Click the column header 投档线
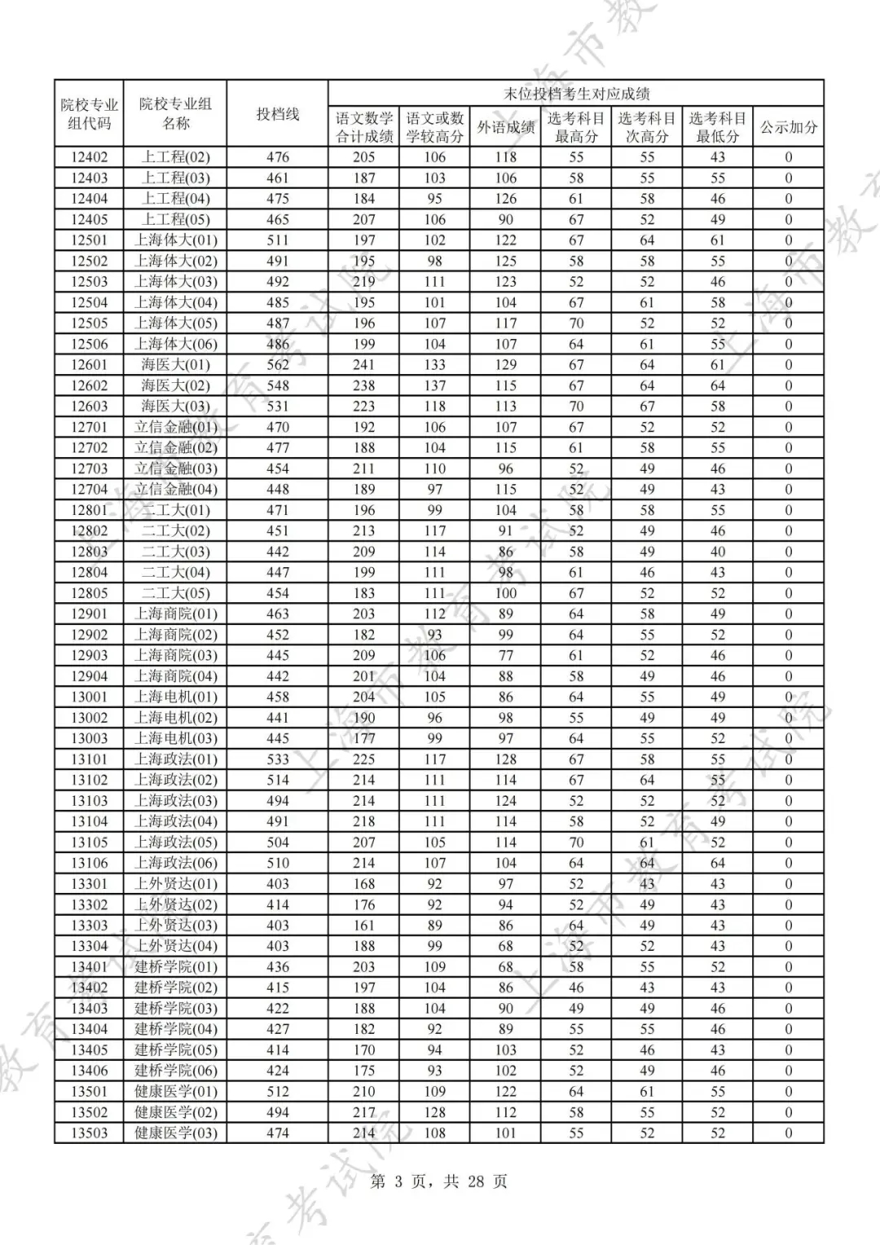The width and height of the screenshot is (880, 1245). pos(277,114)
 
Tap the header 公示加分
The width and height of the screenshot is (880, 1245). pos(788,127)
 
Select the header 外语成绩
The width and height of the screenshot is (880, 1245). pos(505,127)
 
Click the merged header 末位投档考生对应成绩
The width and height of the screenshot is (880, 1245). pos(576,94)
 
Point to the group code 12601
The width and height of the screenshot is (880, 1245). pos(89,364)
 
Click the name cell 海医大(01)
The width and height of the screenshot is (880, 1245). pos(175,364)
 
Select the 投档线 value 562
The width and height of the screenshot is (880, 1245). pos(277,364)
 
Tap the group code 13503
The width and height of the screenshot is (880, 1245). pos(89,1133)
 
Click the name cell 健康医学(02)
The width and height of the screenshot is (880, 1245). pos(175,1112)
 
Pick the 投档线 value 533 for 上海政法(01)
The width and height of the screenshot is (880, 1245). pos(277,759)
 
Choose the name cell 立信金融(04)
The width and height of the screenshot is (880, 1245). pos(175,489)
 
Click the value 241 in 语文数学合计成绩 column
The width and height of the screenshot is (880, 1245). pos(363,364)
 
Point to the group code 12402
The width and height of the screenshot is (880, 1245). pos(89,157)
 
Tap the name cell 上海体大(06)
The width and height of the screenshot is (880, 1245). pos(175,344)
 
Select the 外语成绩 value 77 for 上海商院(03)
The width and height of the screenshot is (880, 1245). pos(505,655)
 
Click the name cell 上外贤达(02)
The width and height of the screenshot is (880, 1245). pos(175,904)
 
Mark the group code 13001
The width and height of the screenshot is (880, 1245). pos(89,697)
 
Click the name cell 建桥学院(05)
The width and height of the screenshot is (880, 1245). pos(175,1049)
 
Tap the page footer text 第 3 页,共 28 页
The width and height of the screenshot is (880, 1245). pos(439,1181)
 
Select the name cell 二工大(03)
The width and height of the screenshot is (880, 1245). pos(175,552)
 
